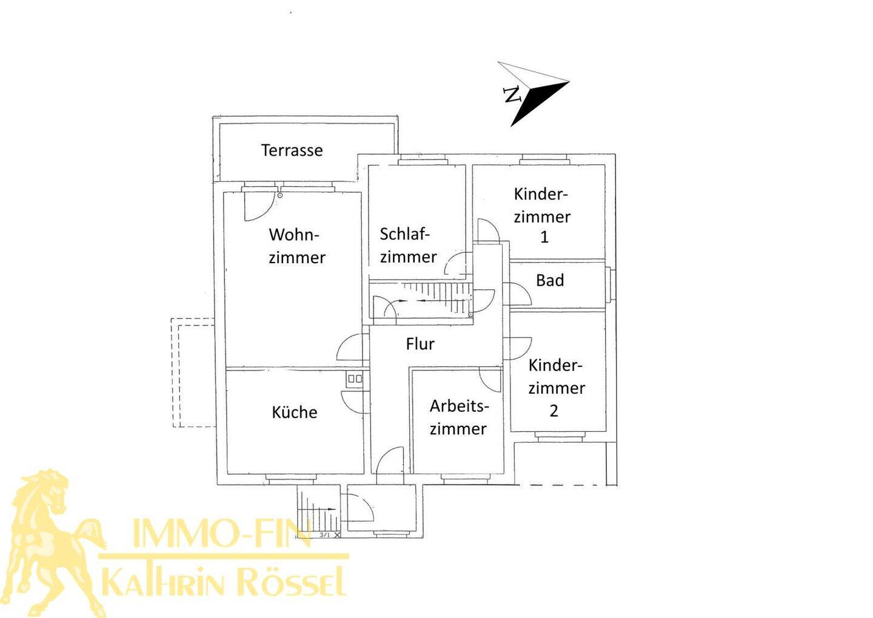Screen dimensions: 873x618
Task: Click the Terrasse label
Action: point(292,150)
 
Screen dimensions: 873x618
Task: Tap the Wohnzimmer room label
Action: point(296,246)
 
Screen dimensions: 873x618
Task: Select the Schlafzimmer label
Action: point(408,245)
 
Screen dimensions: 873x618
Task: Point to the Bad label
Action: point(550,280)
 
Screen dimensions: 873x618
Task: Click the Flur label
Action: point(420,343)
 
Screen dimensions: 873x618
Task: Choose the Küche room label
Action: point(294,412)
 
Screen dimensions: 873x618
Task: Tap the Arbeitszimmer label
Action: point(459,417)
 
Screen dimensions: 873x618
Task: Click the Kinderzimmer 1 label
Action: point(542,215)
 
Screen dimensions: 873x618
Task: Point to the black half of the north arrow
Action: point(538,102)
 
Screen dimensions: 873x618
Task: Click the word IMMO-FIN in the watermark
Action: point(221,532)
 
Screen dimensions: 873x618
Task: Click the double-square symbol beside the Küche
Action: point(355,378)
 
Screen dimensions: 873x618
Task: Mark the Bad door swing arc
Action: point(518,294)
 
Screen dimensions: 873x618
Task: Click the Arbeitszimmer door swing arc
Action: point(490,380)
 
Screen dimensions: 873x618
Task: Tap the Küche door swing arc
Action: point(355,402)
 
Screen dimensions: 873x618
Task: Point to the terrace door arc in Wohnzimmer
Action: point(258,207)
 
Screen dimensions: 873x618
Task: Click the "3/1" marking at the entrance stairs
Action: point(324,535)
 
